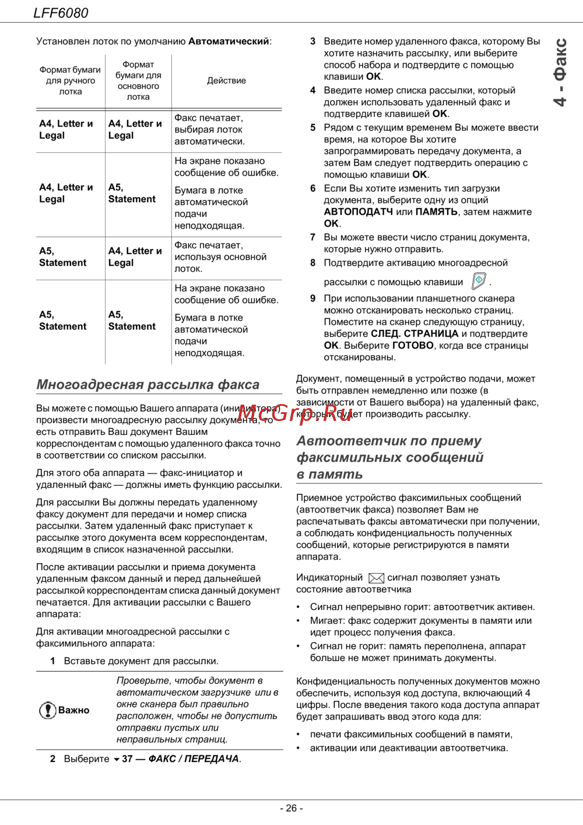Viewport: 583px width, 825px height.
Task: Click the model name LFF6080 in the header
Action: click(61, 13)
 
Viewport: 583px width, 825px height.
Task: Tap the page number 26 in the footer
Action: click(291, 808)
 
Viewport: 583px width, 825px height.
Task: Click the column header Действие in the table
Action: click(226, 80)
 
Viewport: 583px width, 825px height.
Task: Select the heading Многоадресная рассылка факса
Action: click(148, 385)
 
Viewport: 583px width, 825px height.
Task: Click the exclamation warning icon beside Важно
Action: click(47, 710)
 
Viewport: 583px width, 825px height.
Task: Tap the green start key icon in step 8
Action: click(479, 281)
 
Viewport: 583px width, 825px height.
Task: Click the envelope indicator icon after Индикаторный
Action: click(377, 578)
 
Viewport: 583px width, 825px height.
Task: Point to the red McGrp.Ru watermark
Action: click(295, 413)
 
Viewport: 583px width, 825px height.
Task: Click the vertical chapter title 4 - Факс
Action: click(560, 73)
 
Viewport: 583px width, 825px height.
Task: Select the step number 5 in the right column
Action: click(312, 128)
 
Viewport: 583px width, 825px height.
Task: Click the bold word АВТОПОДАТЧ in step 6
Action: click(359, 212)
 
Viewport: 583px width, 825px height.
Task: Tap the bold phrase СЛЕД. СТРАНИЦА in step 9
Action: click(415, 333)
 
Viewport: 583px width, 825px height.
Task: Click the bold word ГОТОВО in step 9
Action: click(413, 345)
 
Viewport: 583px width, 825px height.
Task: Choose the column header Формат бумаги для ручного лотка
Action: click(70, 80)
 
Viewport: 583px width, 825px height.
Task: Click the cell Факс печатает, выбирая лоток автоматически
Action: click(210, 129)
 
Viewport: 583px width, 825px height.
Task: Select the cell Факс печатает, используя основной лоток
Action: click(220, 257)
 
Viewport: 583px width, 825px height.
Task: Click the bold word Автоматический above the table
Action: click(229, 41)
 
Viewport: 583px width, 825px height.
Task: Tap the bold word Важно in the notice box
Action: click(74, 710)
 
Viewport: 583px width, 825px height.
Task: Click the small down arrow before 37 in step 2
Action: click(116, 760)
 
